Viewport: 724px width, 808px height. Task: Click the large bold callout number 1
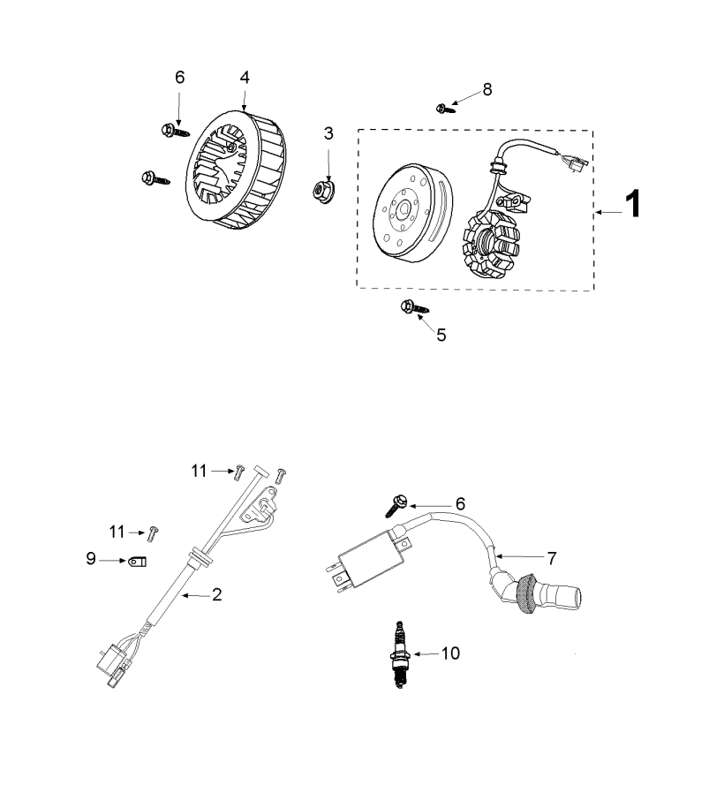633,204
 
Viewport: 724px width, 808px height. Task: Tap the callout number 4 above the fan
245,78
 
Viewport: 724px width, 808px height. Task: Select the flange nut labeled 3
323,190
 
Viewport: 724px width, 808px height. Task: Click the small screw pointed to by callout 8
445,109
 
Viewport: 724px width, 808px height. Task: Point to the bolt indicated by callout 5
414,307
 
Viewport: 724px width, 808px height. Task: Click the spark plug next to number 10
400,654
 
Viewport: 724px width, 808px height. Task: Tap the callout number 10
450,653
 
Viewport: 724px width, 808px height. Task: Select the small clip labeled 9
138,561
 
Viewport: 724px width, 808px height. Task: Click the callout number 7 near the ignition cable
552,558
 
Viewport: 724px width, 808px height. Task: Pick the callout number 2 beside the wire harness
217,594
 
